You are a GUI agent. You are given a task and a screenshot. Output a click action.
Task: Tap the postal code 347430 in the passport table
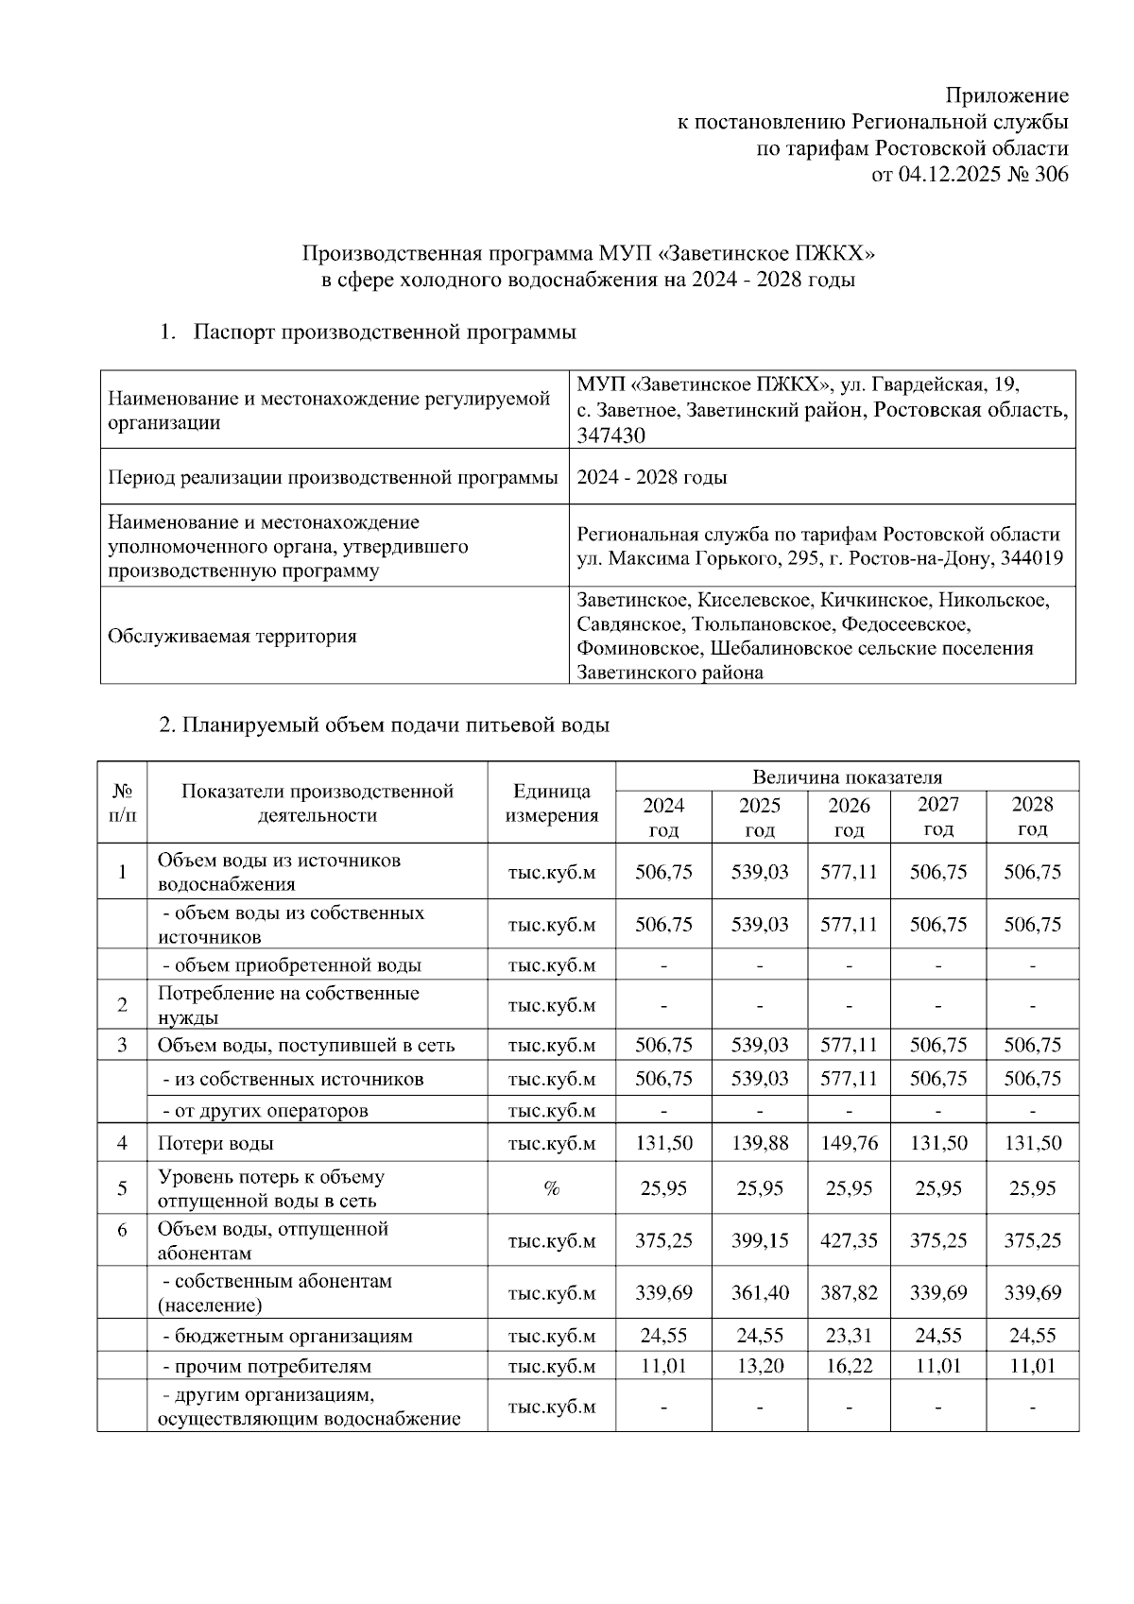[x=611, y=435]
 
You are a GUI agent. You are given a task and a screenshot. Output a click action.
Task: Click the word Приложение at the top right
[x=1007, y=95]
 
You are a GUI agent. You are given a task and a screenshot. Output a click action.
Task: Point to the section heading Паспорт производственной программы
[x=385, y=333]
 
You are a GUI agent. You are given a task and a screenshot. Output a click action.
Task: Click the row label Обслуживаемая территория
[x=232, y=636]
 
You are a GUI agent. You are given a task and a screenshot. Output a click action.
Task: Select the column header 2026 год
[x=849, y=817]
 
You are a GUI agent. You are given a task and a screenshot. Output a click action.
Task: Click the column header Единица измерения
[x=552, y=804]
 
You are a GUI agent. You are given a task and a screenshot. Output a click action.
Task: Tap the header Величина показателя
[x=847, y=777]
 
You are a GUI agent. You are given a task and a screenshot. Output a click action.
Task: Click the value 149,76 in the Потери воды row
[x=849, y=1143]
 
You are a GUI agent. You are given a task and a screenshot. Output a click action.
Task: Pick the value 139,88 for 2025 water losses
[x=759, y=1143]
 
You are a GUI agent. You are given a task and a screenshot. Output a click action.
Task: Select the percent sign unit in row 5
[x=552, y=1189]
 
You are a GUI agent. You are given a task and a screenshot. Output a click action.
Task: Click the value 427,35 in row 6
[x=849, y=1241]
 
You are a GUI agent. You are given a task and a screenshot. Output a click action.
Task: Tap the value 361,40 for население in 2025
[x=759, y=1293]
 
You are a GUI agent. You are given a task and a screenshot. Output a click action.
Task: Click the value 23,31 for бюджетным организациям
[x=849, y=1336]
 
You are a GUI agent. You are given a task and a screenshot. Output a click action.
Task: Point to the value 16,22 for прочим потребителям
[x=849, y=1366]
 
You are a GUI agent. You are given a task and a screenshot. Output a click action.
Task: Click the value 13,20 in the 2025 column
[x=759, y=1366]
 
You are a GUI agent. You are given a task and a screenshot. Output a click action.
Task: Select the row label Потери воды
[x=215, y=1143]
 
